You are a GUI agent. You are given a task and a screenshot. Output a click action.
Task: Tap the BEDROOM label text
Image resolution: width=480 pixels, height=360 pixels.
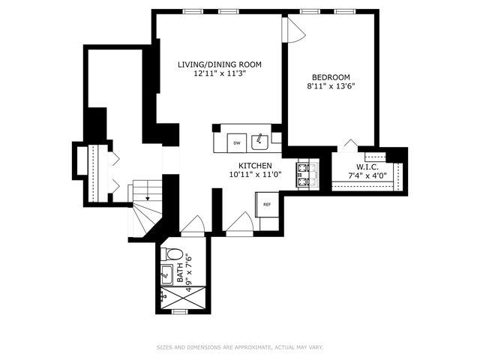click(x=331, y=76)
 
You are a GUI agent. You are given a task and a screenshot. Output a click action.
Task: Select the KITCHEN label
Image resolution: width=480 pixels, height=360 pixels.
click(x=255, y=165)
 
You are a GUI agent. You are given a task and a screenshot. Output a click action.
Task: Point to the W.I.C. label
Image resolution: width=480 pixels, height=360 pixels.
click(x=366, y=166)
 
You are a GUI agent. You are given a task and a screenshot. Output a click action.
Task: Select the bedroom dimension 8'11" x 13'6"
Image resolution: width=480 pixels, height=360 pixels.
click(x=331, y=86)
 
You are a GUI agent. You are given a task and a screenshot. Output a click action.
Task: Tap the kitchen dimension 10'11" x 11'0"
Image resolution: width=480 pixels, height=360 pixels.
click(x=255, y=175)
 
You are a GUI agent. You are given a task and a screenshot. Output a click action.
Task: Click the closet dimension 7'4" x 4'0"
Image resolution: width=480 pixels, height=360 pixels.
click(x=366, y=176)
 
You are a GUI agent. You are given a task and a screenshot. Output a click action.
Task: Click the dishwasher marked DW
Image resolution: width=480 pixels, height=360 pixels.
click(x=236, y=142)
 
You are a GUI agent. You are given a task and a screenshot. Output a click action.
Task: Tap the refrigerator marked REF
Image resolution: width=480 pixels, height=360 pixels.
click(x=266, y=202)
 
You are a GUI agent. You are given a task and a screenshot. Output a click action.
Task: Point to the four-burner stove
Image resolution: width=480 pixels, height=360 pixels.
click(x=304, y=175)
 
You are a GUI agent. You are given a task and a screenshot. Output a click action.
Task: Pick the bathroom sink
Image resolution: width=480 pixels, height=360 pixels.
click(x=167, y=274)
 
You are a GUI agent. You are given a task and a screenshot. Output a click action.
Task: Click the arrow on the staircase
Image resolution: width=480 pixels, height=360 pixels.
click(x=148, y=196)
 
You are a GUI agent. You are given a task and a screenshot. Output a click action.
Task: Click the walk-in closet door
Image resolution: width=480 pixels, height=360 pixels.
click(x=350, y=145)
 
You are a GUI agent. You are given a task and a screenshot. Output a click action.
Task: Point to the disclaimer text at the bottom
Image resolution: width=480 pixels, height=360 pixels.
click(x=240, y=347)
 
